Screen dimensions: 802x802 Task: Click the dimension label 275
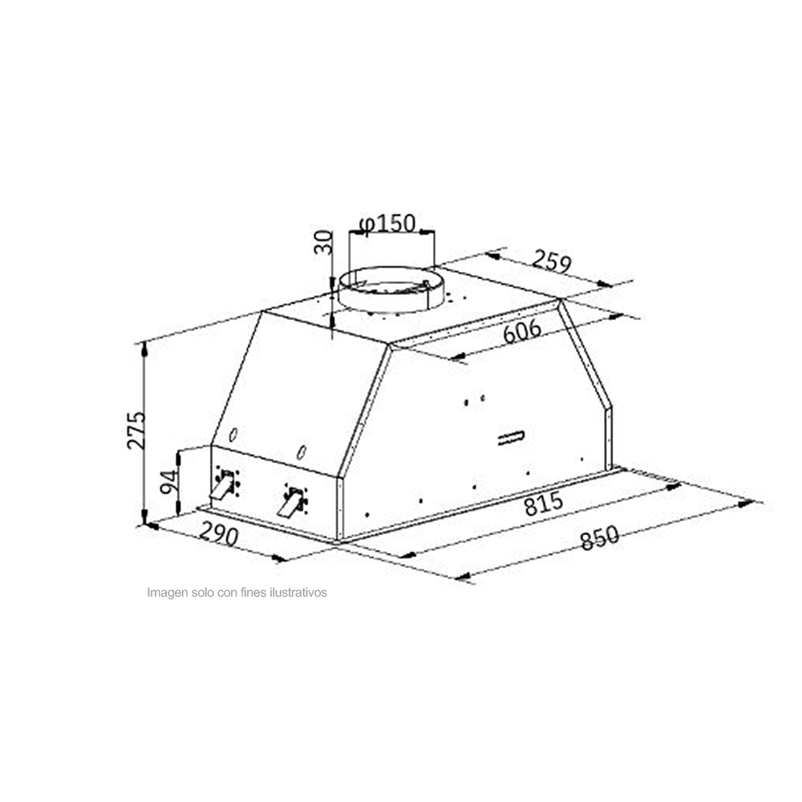coord(136,430)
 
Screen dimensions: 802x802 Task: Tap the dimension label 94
coord(167,481)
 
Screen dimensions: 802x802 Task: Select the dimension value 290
coord(217,535)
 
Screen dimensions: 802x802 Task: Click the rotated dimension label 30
coord(322,241)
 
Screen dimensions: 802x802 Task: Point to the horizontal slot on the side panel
coord(509,437)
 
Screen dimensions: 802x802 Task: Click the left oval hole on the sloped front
coord(233,435)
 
